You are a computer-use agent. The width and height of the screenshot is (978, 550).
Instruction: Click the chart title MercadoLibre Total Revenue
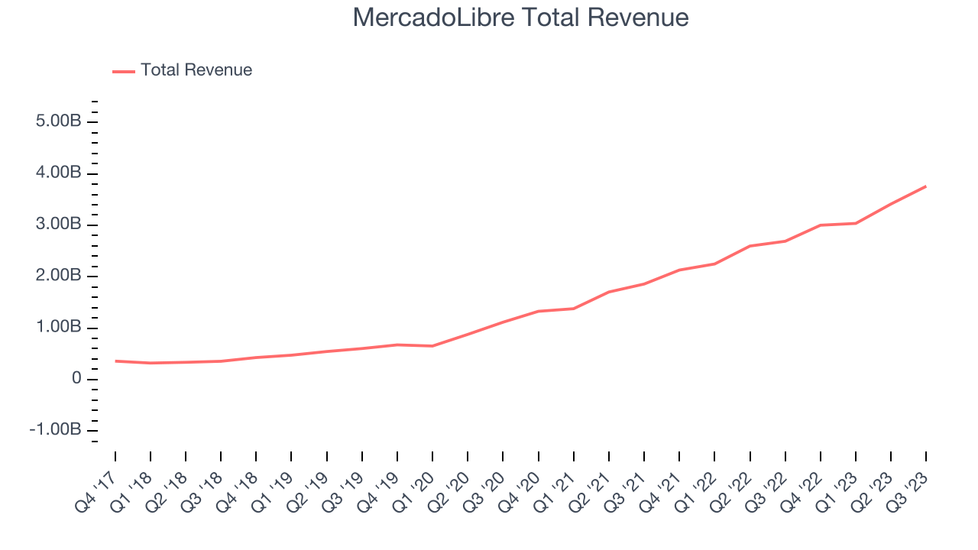point(520,18)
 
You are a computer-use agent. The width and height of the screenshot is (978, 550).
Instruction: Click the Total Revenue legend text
point(196,70)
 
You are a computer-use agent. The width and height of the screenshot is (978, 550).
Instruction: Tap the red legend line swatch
point(124,71)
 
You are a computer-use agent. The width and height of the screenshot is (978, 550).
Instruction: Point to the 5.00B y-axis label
point(58,122)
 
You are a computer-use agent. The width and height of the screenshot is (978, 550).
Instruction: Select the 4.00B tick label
point(58,173)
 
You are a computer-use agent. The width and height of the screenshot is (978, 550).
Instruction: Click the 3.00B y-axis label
point(58,225)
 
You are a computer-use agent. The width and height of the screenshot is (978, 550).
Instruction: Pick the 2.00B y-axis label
point(58,276)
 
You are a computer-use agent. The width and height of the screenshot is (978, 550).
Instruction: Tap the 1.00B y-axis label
point(58,328)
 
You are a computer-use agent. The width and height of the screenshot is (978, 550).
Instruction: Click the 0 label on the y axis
point(76,379)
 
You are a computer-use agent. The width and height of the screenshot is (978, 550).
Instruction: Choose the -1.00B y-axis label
point(55,430)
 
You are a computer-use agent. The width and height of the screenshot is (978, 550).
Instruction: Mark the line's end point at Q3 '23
point(926,186)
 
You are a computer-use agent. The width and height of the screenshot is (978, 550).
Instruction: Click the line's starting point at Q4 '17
point(115,361)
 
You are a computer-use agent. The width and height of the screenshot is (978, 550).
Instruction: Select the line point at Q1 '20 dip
point(432,346)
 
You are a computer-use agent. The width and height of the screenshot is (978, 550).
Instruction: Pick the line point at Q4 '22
point(821,225)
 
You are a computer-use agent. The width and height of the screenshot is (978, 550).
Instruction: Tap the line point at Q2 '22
point(750,246)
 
